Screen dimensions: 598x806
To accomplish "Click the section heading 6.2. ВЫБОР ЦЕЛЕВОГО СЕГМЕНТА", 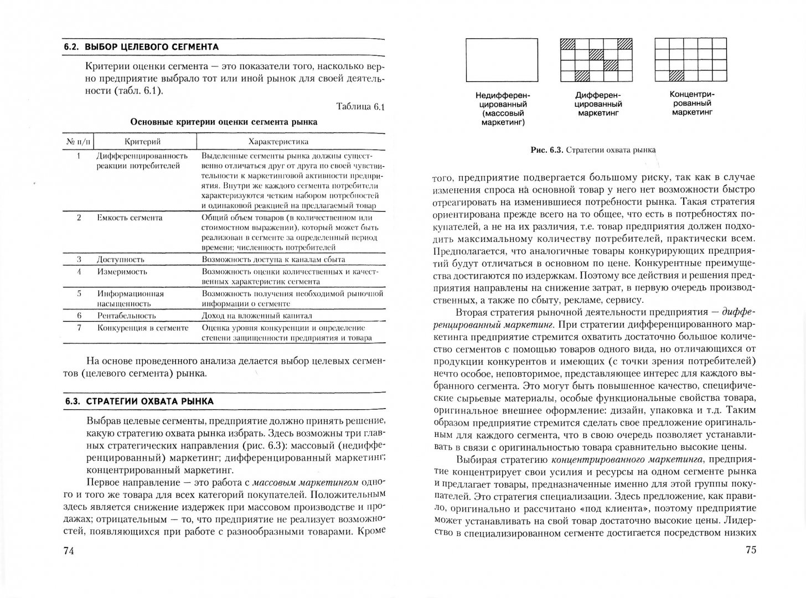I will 141,47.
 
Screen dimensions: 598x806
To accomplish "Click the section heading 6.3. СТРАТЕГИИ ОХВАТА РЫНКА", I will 138,401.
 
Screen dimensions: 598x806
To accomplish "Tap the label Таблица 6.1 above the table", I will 359,107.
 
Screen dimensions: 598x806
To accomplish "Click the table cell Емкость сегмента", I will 130,218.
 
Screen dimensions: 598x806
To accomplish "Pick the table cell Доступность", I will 121,259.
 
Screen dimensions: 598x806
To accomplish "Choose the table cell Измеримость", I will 122,272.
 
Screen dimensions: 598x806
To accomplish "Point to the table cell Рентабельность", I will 126,316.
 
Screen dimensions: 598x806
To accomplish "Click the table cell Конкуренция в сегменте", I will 143,328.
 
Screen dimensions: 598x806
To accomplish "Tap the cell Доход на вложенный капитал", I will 257,316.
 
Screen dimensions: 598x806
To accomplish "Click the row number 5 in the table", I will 79,293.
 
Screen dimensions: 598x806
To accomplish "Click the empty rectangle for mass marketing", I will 502,60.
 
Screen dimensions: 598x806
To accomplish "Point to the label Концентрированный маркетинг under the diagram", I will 692,103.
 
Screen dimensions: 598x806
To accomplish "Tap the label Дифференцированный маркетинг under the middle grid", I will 598,104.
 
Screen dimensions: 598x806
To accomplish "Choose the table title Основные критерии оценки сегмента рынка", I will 224,122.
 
